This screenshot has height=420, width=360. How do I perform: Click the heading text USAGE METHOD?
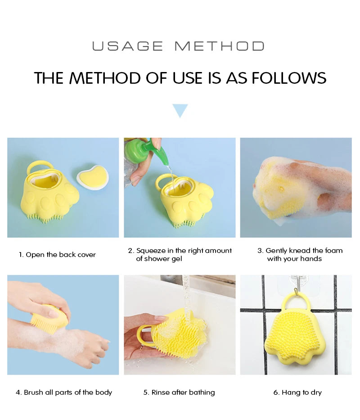click(178, 46)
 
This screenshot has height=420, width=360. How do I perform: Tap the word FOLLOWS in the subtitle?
click(288, 78)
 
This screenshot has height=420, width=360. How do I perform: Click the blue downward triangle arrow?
click(180, 110)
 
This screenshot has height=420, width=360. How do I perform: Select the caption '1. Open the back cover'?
click(57, 255)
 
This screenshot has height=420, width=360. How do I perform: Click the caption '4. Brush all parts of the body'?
click(64, 393)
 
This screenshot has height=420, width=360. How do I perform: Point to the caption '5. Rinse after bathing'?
click(179, 393)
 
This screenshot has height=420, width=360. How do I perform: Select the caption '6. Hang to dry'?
click(297, 393)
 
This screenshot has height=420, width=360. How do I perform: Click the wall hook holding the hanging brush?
click(295, 283)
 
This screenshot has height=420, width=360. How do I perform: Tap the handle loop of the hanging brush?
click(295, 303)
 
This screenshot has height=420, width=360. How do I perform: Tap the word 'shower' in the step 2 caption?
click(156, 259)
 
